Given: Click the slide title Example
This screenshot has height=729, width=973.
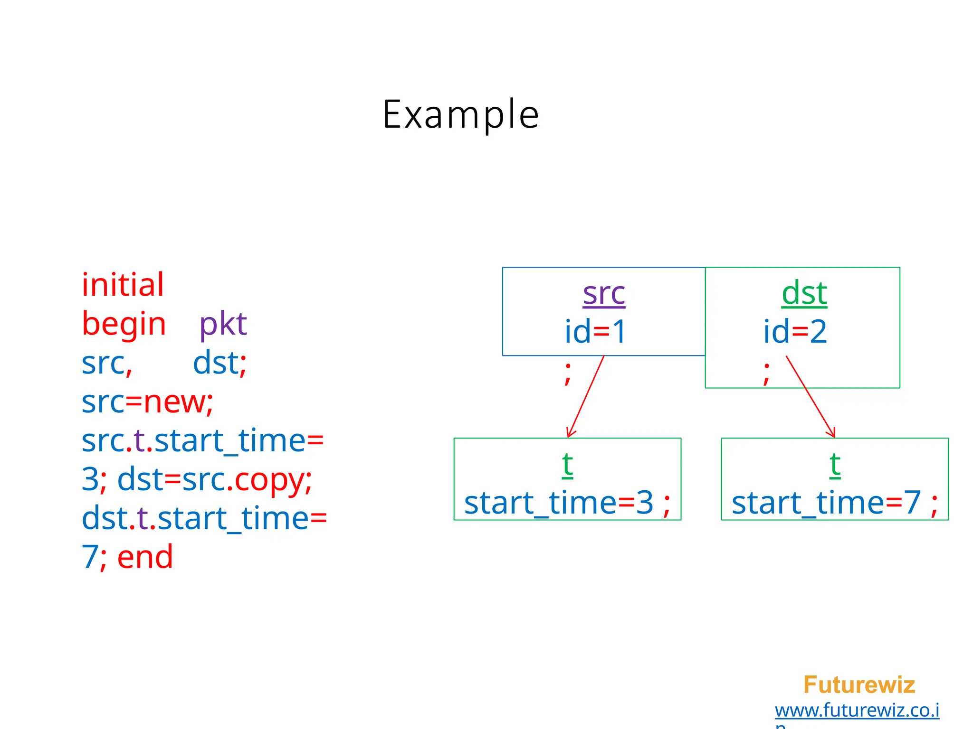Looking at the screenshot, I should pos(460,114).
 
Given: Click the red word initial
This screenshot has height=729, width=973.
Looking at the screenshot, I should pos(123,285).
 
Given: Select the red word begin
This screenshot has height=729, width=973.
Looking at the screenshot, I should pos(124,325).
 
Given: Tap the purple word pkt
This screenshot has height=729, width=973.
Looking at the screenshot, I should pos(223,325).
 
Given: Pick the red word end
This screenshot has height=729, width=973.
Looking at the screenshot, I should pos(145,557).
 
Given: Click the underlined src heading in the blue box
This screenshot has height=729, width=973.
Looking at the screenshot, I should pos(604,293).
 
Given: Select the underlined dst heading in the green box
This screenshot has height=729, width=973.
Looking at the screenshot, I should pos(804,293).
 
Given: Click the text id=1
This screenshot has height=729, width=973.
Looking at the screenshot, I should pos(595,331).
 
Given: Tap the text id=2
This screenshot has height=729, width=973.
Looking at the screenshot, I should pos(795,331).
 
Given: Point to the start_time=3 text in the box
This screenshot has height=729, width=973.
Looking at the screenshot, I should pos(559,503).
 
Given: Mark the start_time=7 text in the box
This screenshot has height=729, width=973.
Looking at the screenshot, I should pos(826,503).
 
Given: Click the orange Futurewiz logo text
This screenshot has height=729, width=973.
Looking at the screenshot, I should pos(859,685).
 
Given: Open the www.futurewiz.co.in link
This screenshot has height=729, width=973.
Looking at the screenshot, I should pos(857,710).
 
